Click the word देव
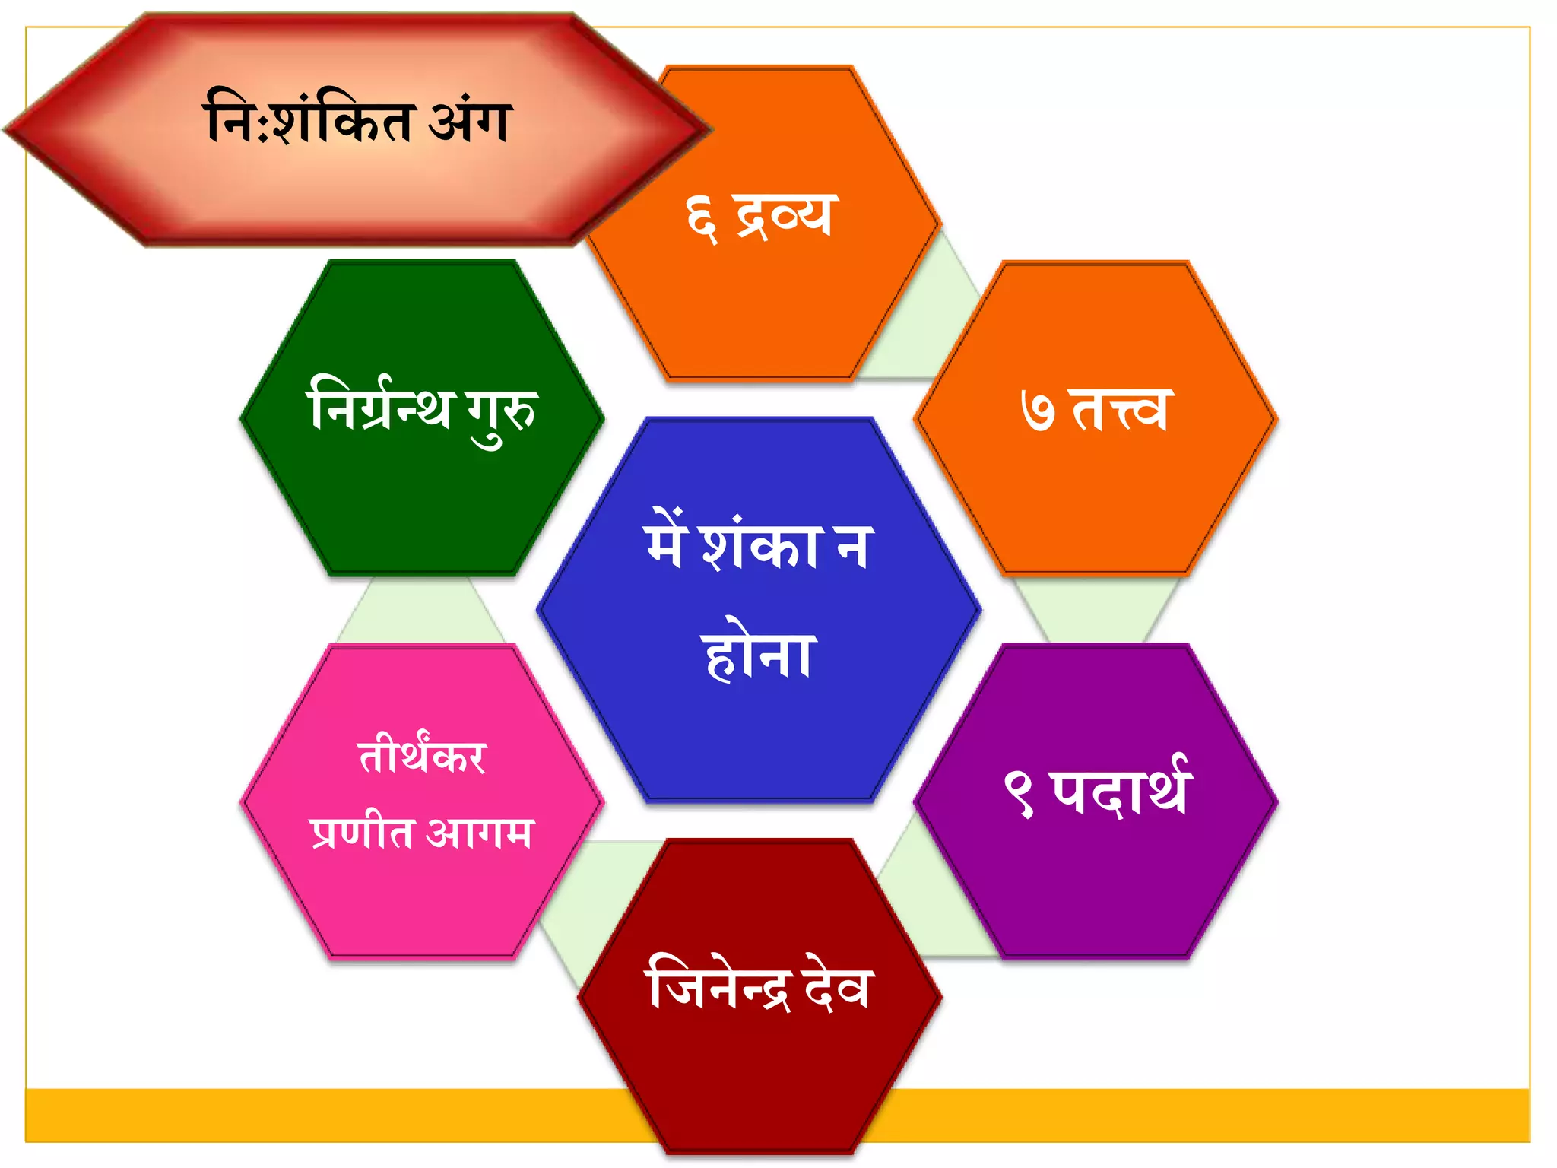[836, 986]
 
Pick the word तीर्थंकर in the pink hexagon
[422, 757]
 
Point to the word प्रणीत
[362, 832]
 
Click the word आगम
[480, 832]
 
